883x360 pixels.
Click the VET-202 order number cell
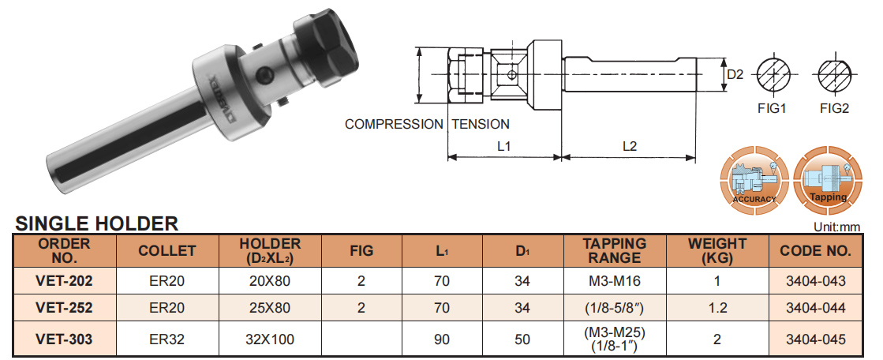(x=64, y=280)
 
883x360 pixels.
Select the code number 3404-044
(x=815, y=308)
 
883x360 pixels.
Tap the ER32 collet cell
(x=166, y=339)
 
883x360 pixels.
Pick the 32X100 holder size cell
(x=270, y=339)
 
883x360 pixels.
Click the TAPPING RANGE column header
(x=615, y=251)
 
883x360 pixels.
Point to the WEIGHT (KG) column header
(x=717, y=251)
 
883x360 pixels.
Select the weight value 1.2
(x=717, y=308)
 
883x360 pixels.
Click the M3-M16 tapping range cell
(x=615, y=280)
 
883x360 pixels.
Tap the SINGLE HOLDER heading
(x=96, y=223)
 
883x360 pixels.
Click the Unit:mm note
(x=836, y=227)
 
